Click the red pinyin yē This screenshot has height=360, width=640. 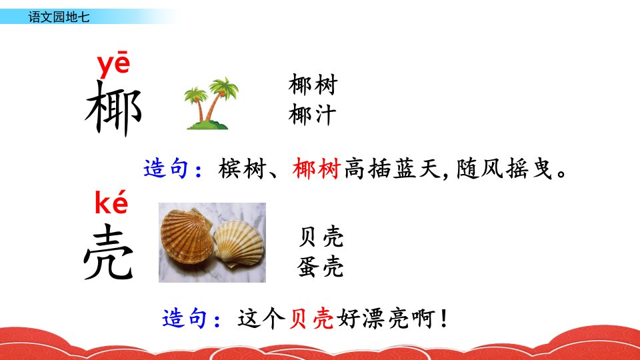pyautogui.click(x=113, y=64)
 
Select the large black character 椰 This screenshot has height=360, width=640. pyautogui.click(x=113, y=108)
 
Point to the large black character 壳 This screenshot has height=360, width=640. pyautogui.click(x=109, y=252)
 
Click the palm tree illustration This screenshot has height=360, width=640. pyautogui.click(x=211, y=103)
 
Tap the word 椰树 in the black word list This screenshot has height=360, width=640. pyautogui.click(x=313, y=85)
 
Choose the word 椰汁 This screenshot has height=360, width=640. pyautogui.click(x=312, y=114)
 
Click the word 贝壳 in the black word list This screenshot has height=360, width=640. pyautogui.click(x=321, y=236)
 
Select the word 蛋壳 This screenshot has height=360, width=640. pyautogui.click(x=321, y=267)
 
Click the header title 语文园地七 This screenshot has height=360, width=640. pyautogui.click(x=59, y=17)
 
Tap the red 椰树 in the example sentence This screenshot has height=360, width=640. pyautogui.click(x=316, y=169)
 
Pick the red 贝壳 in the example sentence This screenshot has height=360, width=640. pyautogui.click(x=311, y=319)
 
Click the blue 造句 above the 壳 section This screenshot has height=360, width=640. pyautogui.click(x=166, y=168)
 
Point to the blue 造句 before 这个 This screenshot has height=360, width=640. pyautogui.click(x=185, y=319)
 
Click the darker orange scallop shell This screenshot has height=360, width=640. pyautogui.click(x=187, y=237)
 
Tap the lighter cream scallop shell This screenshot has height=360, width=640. pyautogui.click(x=239, y=243)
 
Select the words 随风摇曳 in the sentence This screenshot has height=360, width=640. pyautogui.click(x=505, y=169)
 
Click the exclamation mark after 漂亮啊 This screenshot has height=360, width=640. pyautogui.click(x=444, y=319)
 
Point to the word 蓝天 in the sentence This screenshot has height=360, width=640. pyautogui.click(x=417, y=169)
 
